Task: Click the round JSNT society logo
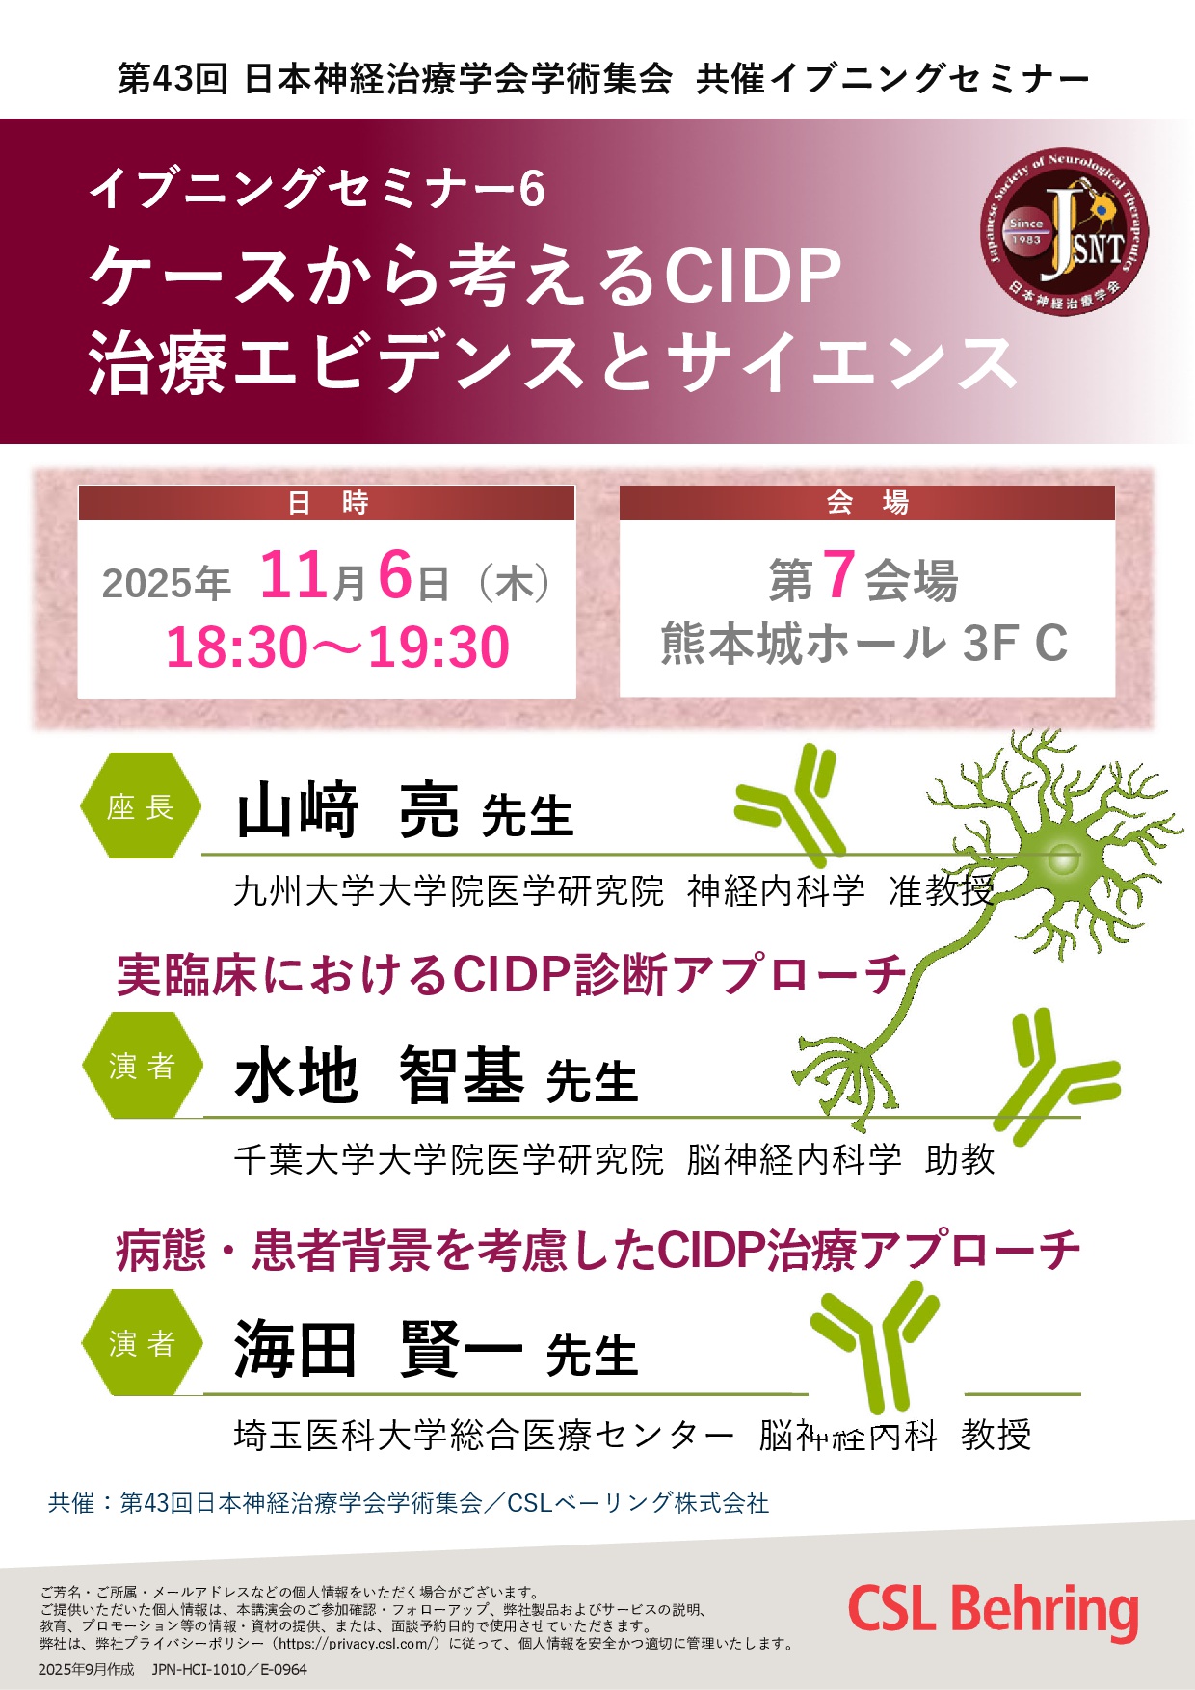(x=1065, y=232)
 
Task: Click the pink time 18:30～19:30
(x=337, y=647)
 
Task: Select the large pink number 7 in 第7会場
(x=838, y=575)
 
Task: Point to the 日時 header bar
(x=327, y=503)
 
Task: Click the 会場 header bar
(x=866, y=503)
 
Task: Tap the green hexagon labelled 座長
(x=141, y=806)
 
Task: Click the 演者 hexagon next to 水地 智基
(x=142, y=1066)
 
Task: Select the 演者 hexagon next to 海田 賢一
(x=142, y=1342)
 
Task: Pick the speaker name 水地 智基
(x=379, y=1075)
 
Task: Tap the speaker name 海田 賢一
(x=379, y=1350)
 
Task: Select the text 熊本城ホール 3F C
(x=864, y=644)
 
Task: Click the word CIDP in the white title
(x=754, y=277)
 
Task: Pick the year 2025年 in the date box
(x=166, y=584)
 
